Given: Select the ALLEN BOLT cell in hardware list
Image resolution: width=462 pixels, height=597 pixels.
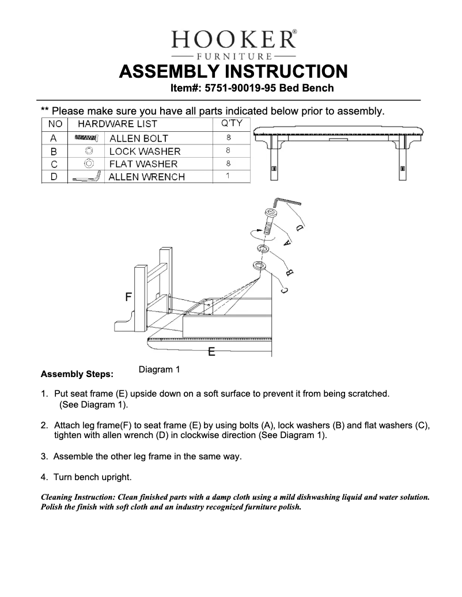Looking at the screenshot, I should coord(138,138).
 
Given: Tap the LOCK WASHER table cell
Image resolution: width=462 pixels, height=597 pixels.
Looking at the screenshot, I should coord(145,151).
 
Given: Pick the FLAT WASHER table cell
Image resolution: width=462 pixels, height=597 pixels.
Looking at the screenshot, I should coord(143,164).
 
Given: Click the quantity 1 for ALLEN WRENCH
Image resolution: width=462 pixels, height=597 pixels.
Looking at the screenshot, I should coord(228,176).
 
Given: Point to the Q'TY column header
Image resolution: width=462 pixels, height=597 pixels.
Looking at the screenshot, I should coord(232,123).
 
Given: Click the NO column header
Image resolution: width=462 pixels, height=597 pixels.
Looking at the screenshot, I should coord(55,124).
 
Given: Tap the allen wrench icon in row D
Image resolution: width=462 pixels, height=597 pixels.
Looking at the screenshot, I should coord(86,178).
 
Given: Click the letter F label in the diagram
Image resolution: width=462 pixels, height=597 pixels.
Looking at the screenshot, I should coord(128,297).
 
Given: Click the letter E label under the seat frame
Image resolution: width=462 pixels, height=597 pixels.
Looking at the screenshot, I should coord(211,352).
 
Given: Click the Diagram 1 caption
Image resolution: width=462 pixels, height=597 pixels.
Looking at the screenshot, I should coord(160,370).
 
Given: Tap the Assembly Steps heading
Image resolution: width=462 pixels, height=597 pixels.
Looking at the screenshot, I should coord(77,374).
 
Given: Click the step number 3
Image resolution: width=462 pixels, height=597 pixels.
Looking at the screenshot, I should coord(44,457).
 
